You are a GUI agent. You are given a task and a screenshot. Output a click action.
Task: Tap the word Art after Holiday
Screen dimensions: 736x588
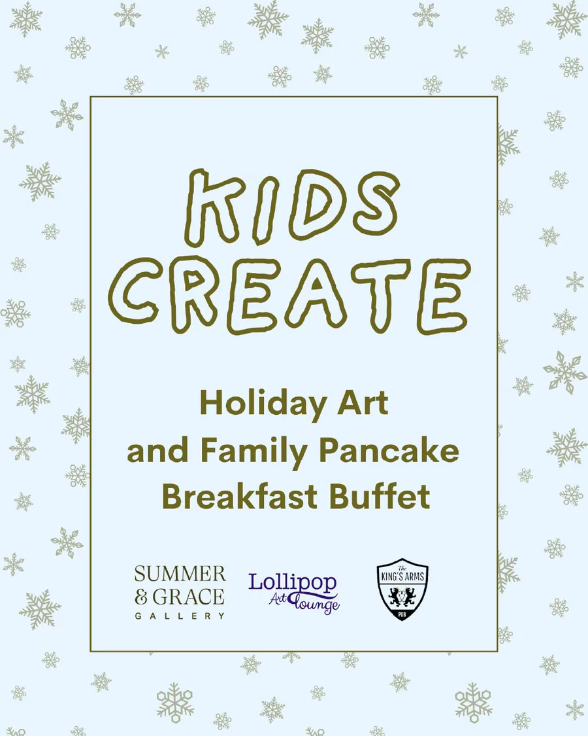pyautogui.click(x=364, y=404)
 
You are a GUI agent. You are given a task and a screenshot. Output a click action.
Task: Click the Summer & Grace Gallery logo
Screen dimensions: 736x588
pyautogui.click(x=180, y=592)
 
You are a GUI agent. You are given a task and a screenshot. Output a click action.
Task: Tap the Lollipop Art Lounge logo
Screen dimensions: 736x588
pyautogui.click(x=294, y=592)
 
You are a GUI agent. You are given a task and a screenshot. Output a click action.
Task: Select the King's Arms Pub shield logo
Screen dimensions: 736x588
pyautogui.click(x=402, y=592)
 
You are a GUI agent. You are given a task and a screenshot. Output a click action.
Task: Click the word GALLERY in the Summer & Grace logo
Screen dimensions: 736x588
pyautogui.click(x=180, y=616)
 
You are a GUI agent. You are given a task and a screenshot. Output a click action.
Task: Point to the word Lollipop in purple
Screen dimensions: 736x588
pyautogui.click(x=292, y=582)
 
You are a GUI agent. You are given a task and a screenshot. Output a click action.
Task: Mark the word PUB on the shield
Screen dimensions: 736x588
pyautogui.click(x=402, y=615)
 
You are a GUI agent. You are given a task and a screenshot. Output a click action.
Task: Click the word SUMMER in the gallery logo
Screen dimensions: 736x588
pyautogui.click(x=180, y=574)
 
